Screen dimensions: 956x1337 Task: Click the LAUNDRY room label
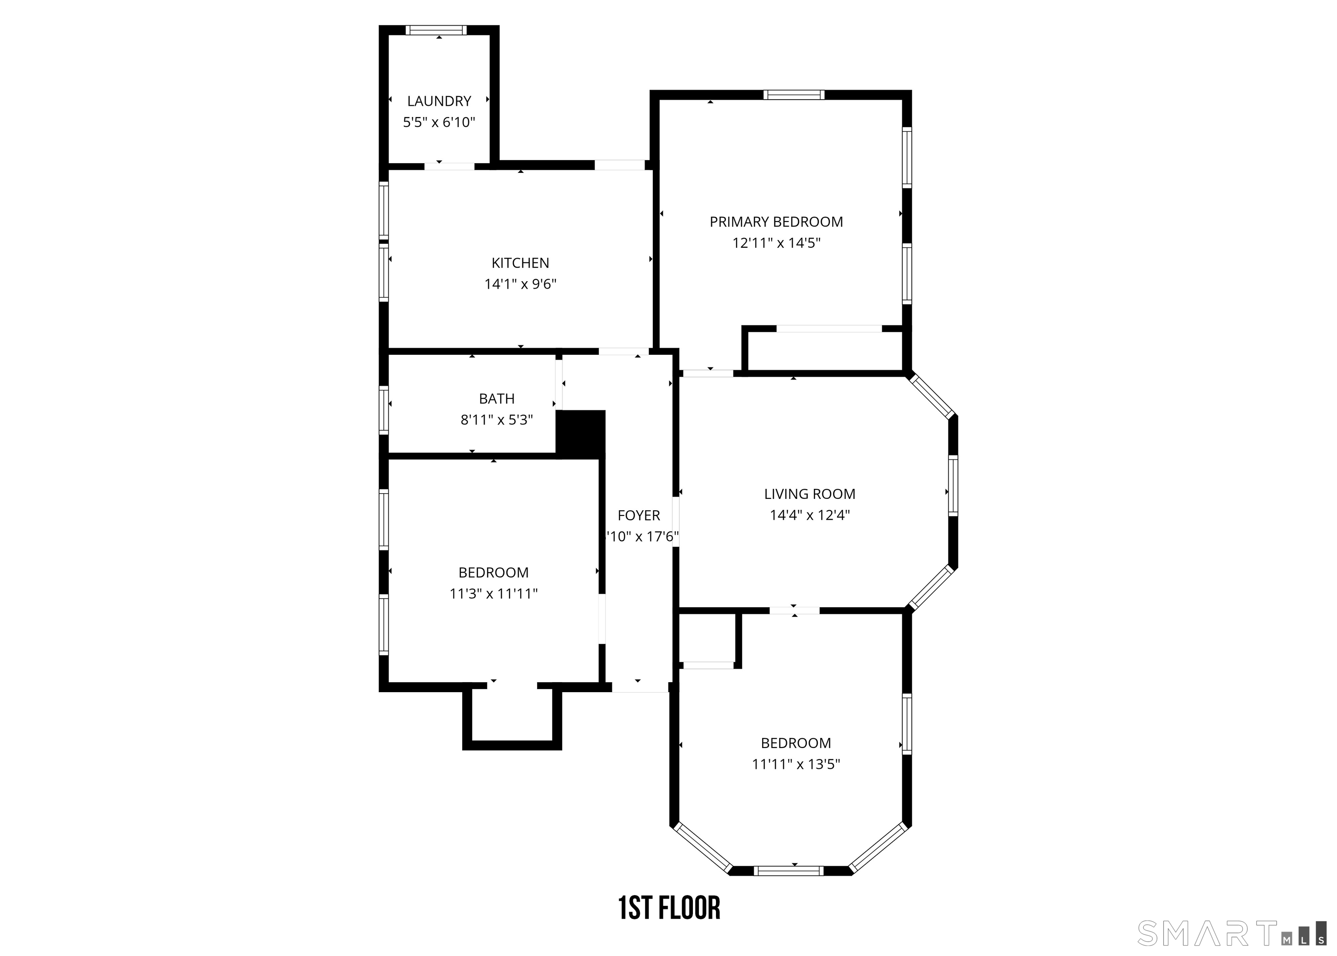point(439,101)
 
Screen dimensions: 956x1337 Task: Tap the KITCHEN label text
point(520,263)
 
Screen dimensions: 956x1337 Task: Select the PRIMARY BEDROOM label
point(776,222)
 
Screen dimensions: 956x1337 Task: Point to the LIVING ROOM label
point(810,494)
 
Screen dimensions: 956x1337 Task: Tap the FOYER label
point(638,516)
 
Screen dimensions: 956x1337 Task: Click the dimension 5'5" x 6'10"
point(439,122)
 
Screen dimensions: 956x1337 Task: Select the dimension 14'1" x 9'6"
point(520,284)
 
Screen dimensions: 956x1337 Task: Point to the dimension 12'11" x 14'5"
point(776,243)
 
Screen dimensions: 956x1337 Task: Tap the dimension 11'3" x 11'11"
point(494,593)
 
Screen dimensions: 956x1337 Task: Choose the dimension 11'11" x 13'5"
point(796,764)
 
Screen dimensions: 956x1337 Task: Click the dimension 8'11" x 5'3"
point(497,420)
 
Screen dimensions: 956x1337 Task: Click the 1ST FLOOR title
point(669,908)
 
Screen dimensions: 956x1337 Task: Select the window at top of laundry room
point(436,30)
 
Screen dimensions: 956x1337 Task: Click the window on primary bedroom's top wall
point(794,95)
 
